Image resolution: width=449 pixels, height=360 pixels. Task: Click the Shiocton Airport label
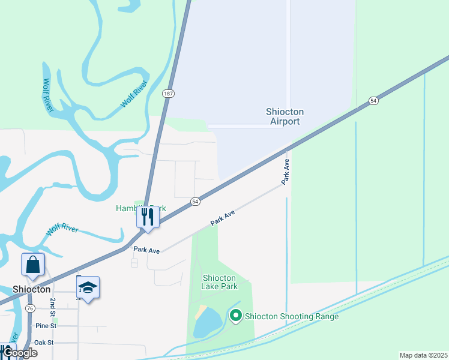click(285, 116)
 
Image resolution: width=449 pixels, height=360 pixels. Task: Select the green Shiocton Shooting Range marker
click(236, 315)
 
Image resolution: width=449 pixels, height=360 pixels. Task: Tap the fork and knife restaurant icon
click(148, 217)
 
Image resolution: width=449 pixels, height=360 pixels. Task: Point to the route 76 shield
click(31, 308)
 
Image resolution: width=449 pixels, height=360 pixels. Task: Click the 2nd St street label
click(53, 308)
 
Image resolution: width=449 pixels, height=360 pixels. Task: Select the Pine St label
click(45, 326)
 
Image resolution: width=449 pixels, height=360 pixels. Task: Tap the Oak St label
click(44, 343)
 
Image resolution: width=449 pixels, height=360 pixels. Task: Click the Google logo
click(19, 353)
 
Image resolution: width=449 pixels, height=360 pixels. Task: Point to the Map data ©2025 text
click(423, 355)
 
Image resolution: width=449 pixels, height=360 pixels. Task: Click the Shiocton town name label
click(31, 289)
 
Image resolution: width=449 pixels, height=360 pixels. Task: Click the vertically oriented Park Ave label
click(286, 172)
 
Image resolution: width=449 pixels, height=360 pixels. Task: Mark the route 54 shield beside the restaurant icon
click(195, 202)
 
